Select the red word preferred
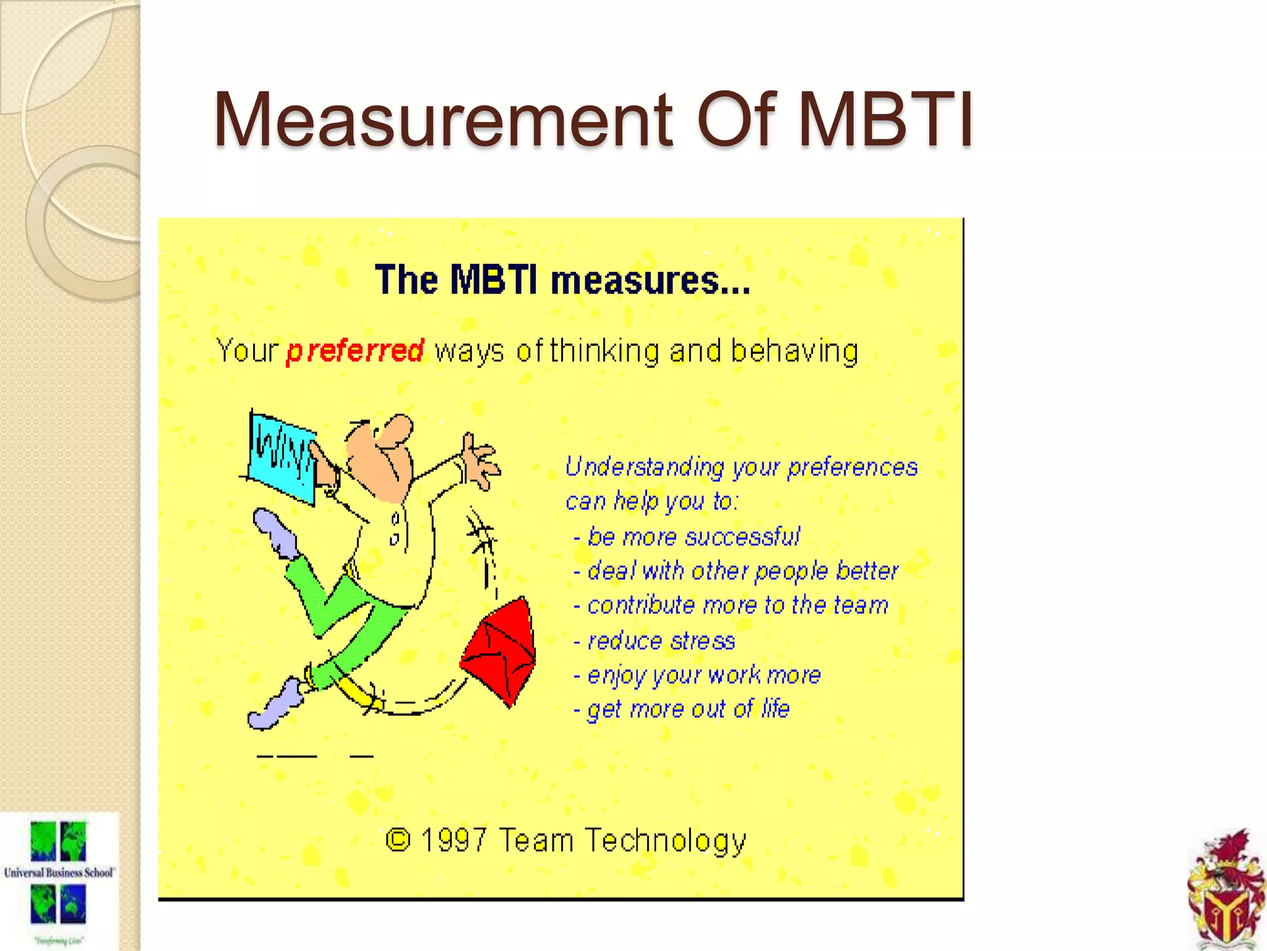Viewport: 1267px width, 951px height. (x=355, y=351)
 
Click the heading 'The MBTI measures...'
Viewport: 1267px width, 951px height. (x=562, y=280)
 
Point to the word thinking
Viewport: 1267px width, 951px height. (x=604, y=351)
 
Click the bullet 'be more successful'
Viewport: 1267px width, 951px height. (x=693, y=537)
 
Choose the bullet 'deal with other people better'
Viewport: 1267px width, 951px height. (x=742, y=571)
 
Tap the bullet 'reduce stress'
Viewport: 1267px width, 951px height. (x=661, y=641)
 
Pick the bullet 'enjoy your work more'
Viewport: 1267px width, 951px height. (x=703, y=675)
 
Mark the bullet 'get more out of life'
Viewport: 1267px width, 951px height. (x=688, y=709)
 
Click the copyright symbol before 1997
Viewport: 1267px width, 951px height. (x=398, y=840)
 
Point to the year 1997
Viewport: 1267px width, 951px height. (x=453, y=840)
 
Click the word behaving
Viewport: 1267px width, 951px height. (x=794, y=351)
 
